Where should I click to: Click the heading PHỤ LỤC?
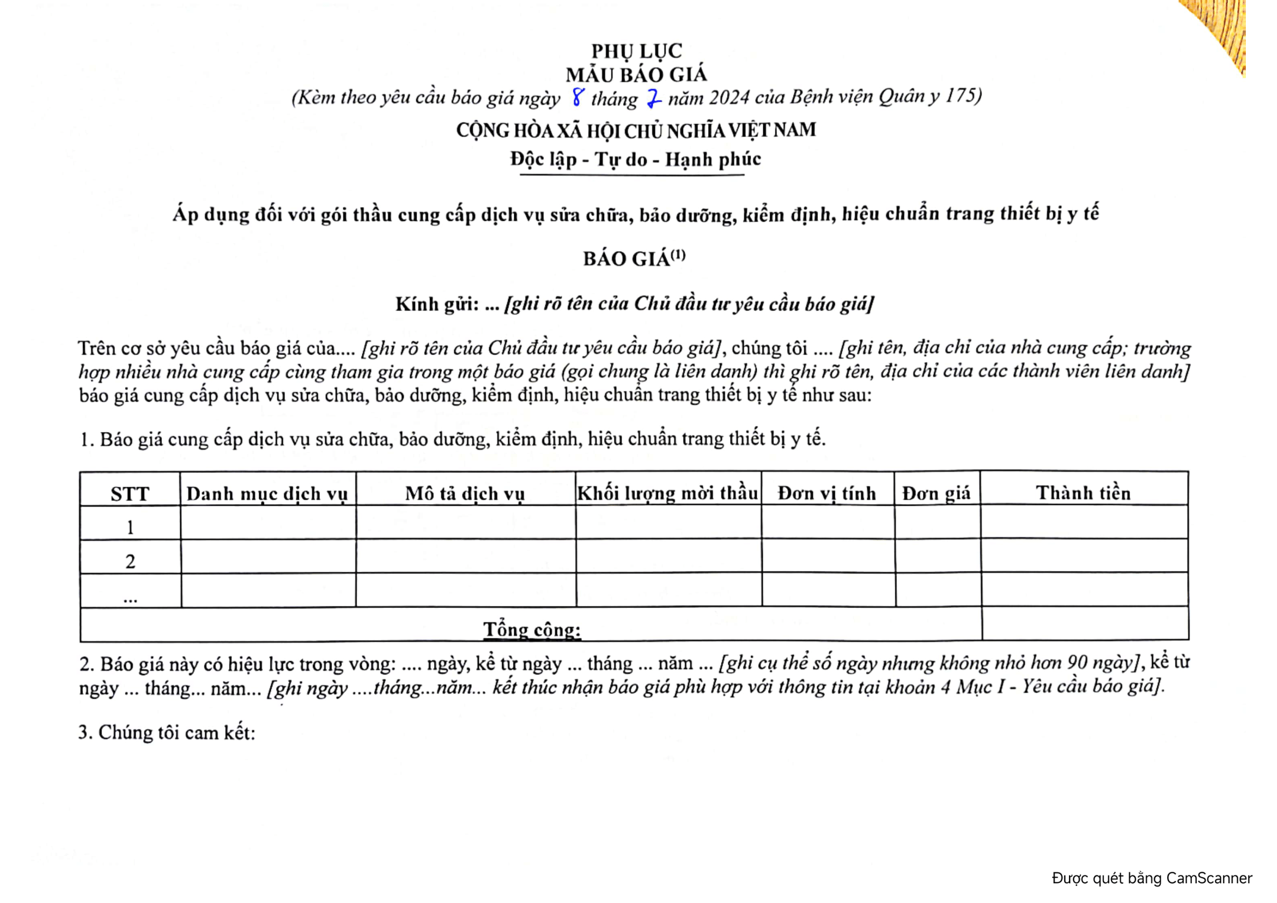[x=636, y=51]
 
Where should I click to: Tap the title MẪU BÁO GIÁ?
[x=636, y=75]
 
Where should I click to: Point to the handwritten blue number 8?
[x=578, y=97]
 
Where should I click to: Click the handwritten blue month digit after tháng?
[x=654, y=99]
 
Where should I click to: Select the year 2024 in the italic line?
[x=729, y=98]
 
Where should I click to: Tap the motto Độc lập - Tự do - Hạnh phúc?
[x=635, y=160]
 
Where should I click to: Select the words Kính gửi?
[x=437, y=304]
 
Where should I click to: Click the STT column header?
[x=130, y=494]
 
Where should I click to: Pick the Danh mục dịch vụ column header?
[x=267, y=494]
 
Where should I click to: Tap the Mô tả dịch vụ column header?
[x=465, y=494]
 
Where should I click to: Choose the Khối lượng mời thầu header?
[x=668, y=493]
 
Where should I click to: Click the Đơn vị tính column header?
[x=827, y=493]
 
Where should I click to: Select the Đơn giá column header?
[x=937, y=493]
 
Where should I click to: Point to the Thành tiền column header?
[x=1083, y=493]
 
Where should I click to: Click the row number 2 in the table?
[x=130, y=562]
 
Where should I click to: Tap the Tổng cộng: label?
[x=532, y=630]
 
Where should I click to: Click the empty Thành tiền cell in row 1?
[x=1084, y=522]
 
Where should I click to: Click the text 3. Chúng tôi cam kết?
[x=167, y=733]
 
